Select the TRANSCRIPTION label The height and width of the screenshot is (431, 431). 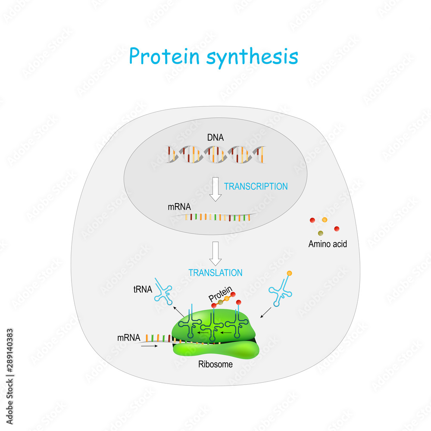pyautogui.click(x=256, y=187)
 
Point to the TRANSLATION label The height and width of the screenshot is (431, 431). pyautogui.click(x=215, y=273)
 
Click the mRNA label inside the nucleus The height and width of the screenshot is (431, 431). pyautogui.click(x=179, y=206)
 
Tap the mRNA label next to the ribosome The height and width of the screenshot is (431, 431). pyautogui.click(x=128, y=338)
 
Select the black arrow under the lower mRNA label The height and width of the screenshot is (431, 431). pyautogui.click(x=147, y=346)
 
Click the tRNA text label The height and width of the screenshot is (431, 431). pyautogui.click(x=143, y=290)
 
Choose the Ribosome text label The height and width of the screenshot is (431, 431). pyautogui.click(x=215, y=365)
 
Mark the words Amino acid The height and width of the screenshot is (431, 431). pyautogui.click(x=328, y=244)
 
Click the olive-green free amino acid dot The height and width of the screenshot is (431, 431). pyautogui.click(x=321, y=233)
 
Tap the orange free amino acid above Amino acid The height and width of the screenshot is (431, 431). pyautogui.click(x=325, y=220)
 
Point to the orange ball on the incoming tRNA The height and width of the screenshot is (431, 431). pyautogui.click(x=290, y=273)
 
